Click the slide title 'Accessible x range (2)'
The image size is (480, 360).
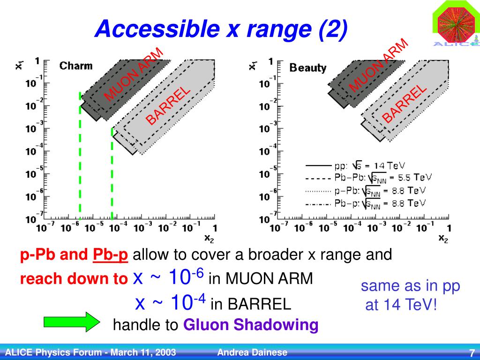221,30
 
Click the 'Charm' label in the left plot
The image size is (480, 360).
76,66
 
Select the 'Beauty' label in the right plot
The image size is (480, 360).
308,68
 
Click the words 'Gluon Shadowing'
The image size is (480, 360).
251,324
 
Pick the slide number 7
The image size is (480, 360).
472,353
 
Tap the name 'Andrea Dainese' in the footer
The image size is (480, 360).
253,352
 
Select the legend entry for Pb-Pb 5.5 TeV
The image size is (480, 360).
367,178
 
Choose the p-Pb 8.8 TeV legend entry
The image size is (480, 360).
367,191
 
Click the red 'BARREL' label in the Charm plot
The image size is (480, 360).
168,106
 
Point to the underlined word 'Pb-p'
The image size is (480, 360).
110,255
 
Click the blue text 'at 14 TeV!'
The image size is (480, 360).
401,305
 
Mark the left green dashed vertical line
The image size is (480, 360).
80,155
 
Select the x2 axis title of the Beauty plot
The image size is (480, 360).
442,238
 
